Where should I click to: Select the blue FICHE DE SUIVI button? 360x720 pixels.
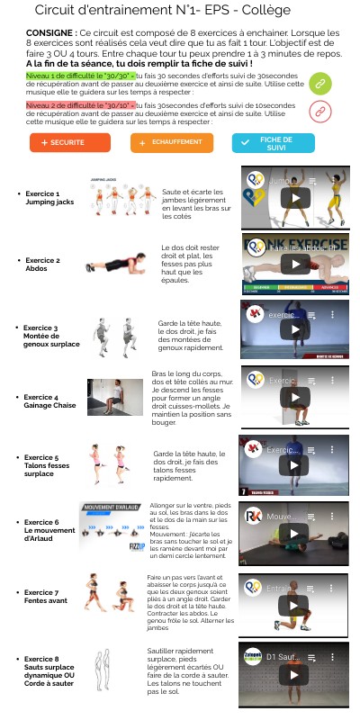[273, 143]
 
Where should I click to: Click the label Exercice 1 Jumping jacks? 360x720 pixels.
[43, 197]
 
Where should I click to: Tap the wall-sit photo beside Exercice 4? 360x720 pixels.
[109, 397]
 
